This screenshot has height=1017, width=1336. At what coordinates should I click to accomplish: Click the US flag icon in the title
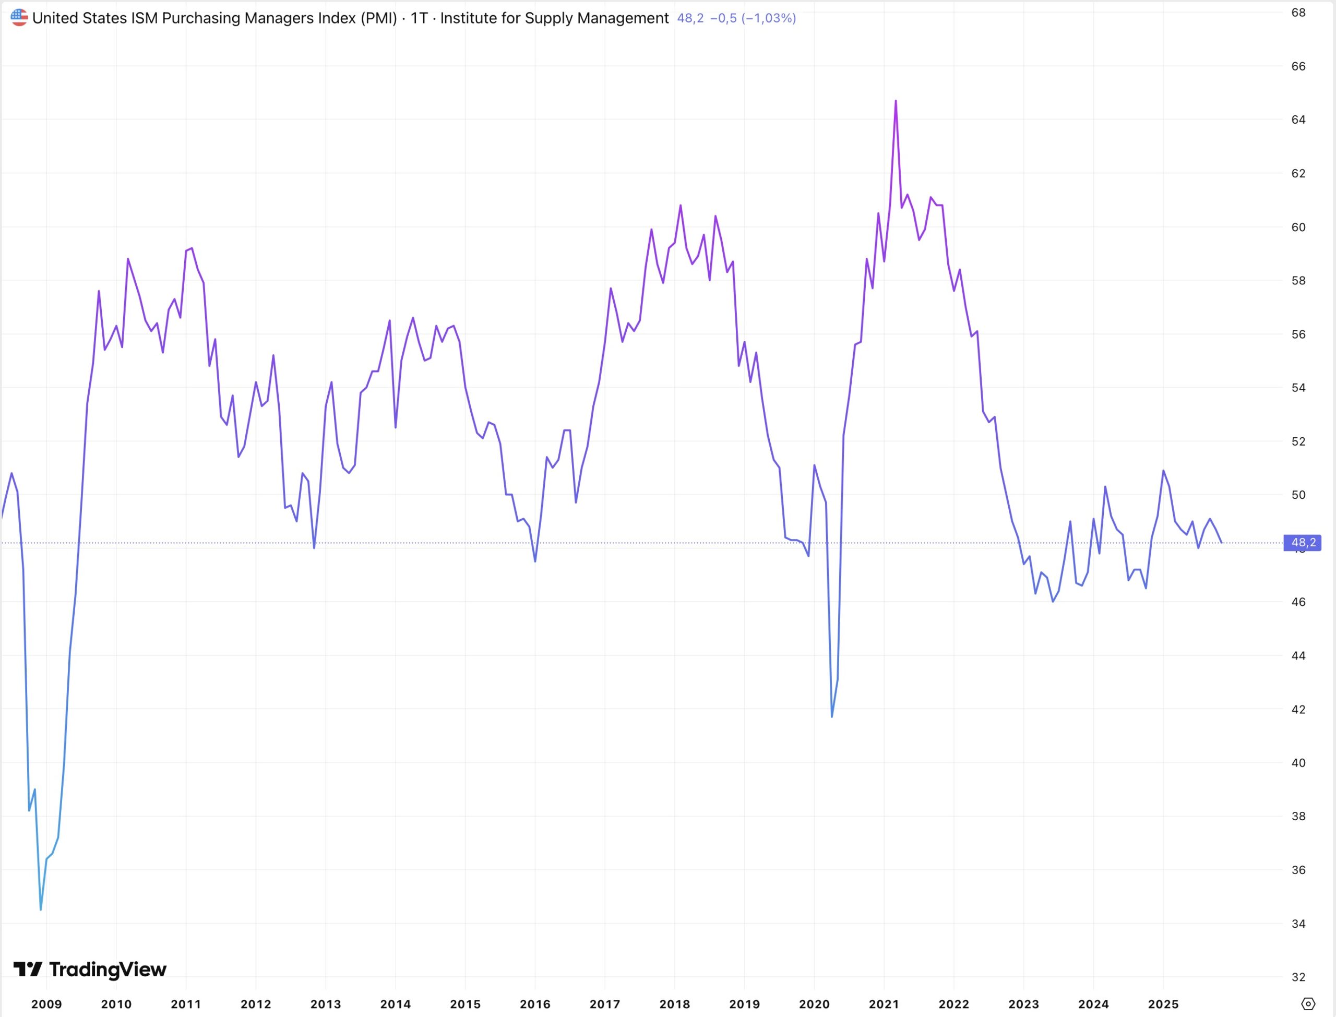pos(19,18)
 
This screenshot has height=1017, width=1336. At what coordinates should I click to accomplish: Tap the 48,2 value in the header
pos(690,18)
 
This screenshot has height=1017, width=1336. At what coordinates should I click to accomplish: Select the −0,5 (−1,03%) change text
pos(753,18)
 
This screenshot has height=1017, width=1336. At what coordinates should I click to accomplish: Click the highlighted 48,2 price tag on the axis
pos(1303,542)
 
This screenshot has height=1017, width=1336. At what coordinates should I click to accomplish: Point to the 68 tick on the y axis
pos(1298,12)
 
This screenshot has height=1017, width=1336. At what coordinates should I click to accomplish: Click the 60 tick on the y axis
pos(1298,227)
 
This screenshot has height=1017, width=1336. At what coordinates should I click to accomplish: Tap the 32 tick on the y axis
pos(1298,977)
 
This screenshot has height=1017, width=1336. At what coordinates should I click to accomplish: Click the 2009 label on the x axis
pos(46,1004)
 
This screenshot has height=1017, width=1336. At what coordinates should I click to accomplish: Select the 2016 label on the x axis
pos(535,1004)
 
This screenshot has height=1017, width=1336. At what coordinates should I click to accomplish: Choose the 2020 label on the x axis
pos(814,1004)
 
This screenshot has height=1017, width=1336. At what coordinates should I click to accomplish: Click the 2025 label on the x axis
pos(1163,1004)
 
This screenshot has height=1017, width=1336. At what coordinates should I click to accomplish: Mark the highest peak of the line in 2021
pos(896,101)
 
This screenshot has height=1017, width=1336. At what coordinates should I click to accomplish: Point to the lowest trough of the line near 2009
pos(41,909)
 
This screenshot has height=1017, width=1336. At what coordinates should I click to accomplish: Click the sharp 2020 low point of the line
pos(832,717)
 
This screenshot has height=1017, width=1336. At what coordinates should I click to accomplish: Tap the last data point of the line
pos(1222,542)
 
